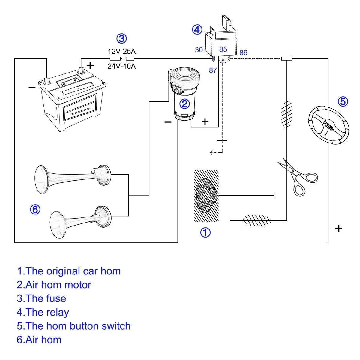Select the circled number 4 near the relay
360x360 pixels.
coord(197,30)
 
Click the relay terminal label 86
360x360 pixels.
coord(243,53)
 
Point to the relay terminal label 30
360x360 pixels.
coord(199,50)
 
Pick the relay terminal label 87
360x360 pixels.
coord(213,70)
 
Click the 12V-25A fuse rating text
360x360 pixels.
coord(121,51)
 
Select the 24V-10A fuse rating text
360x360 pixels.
coord(121,66)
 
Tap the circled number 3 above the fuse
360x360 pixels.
coord(121,38)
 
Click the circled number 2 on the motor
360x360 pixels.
coord(184,104)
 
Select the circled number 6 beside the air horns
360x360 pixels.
coord(35,209)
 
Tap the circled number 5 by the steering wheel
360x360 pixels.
coord(343,102)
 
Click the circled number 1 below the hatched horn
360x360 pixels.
coord(205,232)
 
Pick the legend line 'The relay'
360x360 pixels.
coord(43,312)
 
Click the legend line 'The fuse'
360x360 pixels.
coord(41,298)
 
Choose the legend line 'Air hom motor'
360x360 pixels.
coord(54,285)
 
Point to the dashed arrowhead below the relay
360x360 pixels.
coord(211,153)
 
